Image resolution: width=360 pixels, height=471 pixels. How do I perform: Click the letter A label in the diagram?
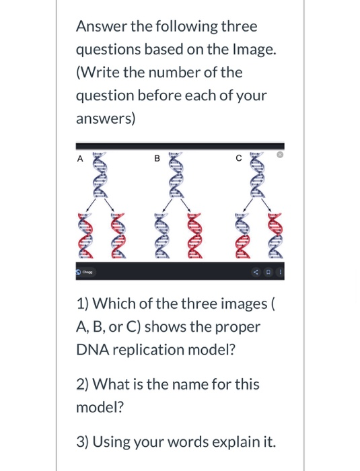80,159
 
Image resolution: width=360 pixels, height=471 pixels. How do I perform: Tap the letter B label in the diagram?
157,158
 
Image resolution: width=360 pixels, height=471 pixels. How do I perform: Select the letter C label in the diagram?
239,158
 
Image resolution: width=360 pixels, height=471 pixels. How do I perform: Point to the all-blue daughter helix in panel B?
163,235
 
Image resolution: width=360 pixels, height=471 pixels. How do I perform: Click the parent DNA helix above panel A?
100,175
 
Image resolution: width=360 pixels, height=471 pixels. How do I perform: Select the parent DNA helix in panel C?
258,175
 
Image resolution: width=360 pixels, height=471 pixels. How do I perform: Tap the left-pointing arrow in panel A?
92,205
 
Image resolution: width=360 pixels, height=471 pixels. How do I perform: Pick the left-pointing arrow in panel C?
249,205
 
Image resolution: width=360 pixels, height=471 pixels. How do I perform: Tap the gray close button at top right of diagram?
280,154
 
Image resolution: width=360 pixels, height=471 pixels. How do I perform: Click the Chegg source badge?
86,272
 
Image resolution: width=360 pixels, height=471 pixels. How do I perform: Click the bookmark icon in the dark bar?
268,272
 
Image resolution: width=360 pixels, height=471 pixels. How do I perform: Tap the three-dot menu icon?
280,272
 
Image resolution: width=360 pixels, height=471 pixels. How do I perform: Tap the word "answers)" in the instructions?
106,119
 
